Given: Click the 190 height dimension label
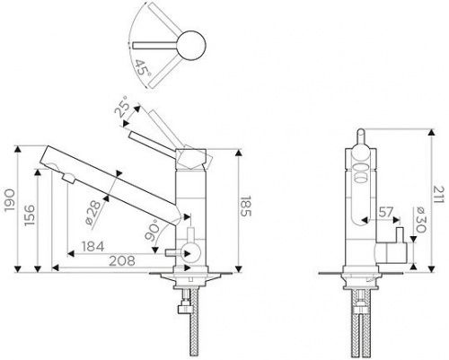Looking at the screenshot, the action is (10, 200).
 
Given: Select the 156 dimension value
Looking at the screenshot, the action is (30, 215).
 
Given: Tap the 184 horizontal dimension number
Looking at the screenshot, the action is (93, 247).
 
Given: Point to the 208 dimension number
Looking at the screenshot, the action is (121, 260).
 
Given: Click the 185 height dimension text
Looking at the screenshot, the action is (246, 206).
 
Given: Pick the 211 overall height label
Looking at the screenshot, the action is (437, 195).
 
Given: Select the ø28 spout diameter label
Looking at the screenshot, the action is (92, 213).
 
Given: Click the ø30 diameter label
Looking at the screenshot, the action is (420, 219).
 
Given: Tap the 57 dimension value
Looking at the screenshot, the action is (386, 212).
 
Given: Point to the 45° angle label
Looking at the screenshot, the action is (143, 68).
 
